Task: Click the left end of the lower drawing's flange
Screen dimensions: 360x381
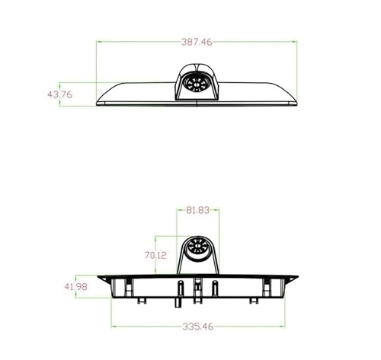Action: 98,276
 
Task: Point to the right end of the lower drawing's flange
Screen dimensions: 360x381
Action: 298,276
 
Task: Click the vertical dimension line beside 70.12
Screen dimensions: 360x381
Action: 155,255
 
